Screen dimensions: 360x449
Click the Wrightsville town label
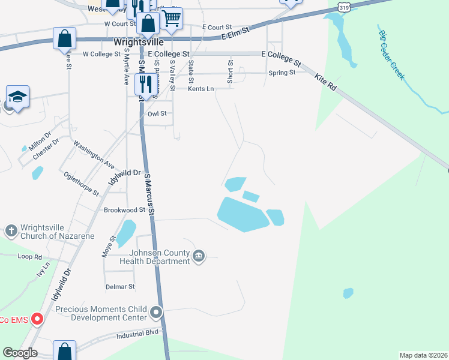139,43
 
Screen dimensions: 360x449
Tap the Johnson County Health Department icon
199,257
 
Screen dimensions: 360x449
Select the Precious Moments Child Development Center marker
157,313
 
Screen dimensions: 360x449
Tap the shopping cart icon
172,18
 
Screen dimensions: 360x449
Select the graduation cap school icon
18,96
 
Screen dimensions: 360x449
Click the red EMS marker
37,319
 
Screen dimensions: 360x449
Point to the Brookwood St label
125,210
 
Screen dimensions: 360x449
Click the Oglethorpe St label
81,183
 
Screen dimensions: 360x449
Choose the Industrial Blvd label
137,332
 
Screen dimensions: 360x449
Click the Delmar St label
120,287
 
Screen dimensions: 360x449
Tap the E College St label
281,58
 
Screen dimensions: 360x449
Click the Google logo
20,353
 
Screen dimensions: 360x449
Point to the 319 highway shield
343,7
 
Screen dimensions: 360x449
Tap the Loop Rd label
30,256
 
